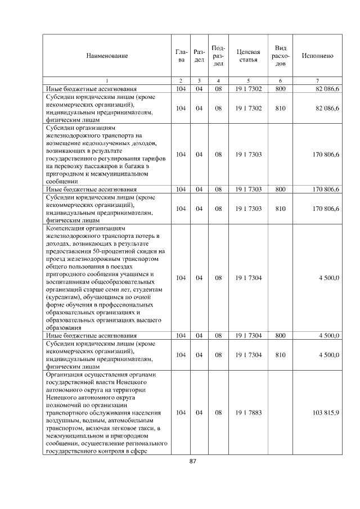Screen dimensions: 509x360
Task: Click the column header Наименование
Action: pyautogui.click(x=107, y=56)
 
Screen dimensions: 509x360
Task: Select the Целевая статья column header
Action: pyautogui.click(x=248, y=56)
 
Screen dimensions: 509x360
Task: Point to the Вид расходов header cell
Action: pyautogui.click(x=280, y=56)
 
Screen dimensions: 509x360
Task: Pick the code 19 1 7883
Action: pyautogui.click(x=248, y=413)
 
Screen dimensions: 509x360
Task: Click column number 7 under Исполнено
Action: pyautogui.click(x=317, y=82)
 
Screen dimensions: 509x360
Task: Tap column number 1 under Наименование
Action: pyautogui.click(x=107, y=82)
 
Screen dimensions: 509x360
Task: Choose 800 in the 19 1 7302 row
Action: pyautogui.click(x=280, y=89)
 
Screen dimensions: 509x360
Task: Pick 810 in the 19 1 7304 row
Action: pyautogui.click(x=280, y=355)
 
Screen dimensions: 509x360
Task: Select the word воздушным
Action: pyautogui.click(x=62, y=421)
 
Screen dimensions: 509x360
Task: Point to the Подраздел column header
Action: pyautogui.click(x=219, y=56)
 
